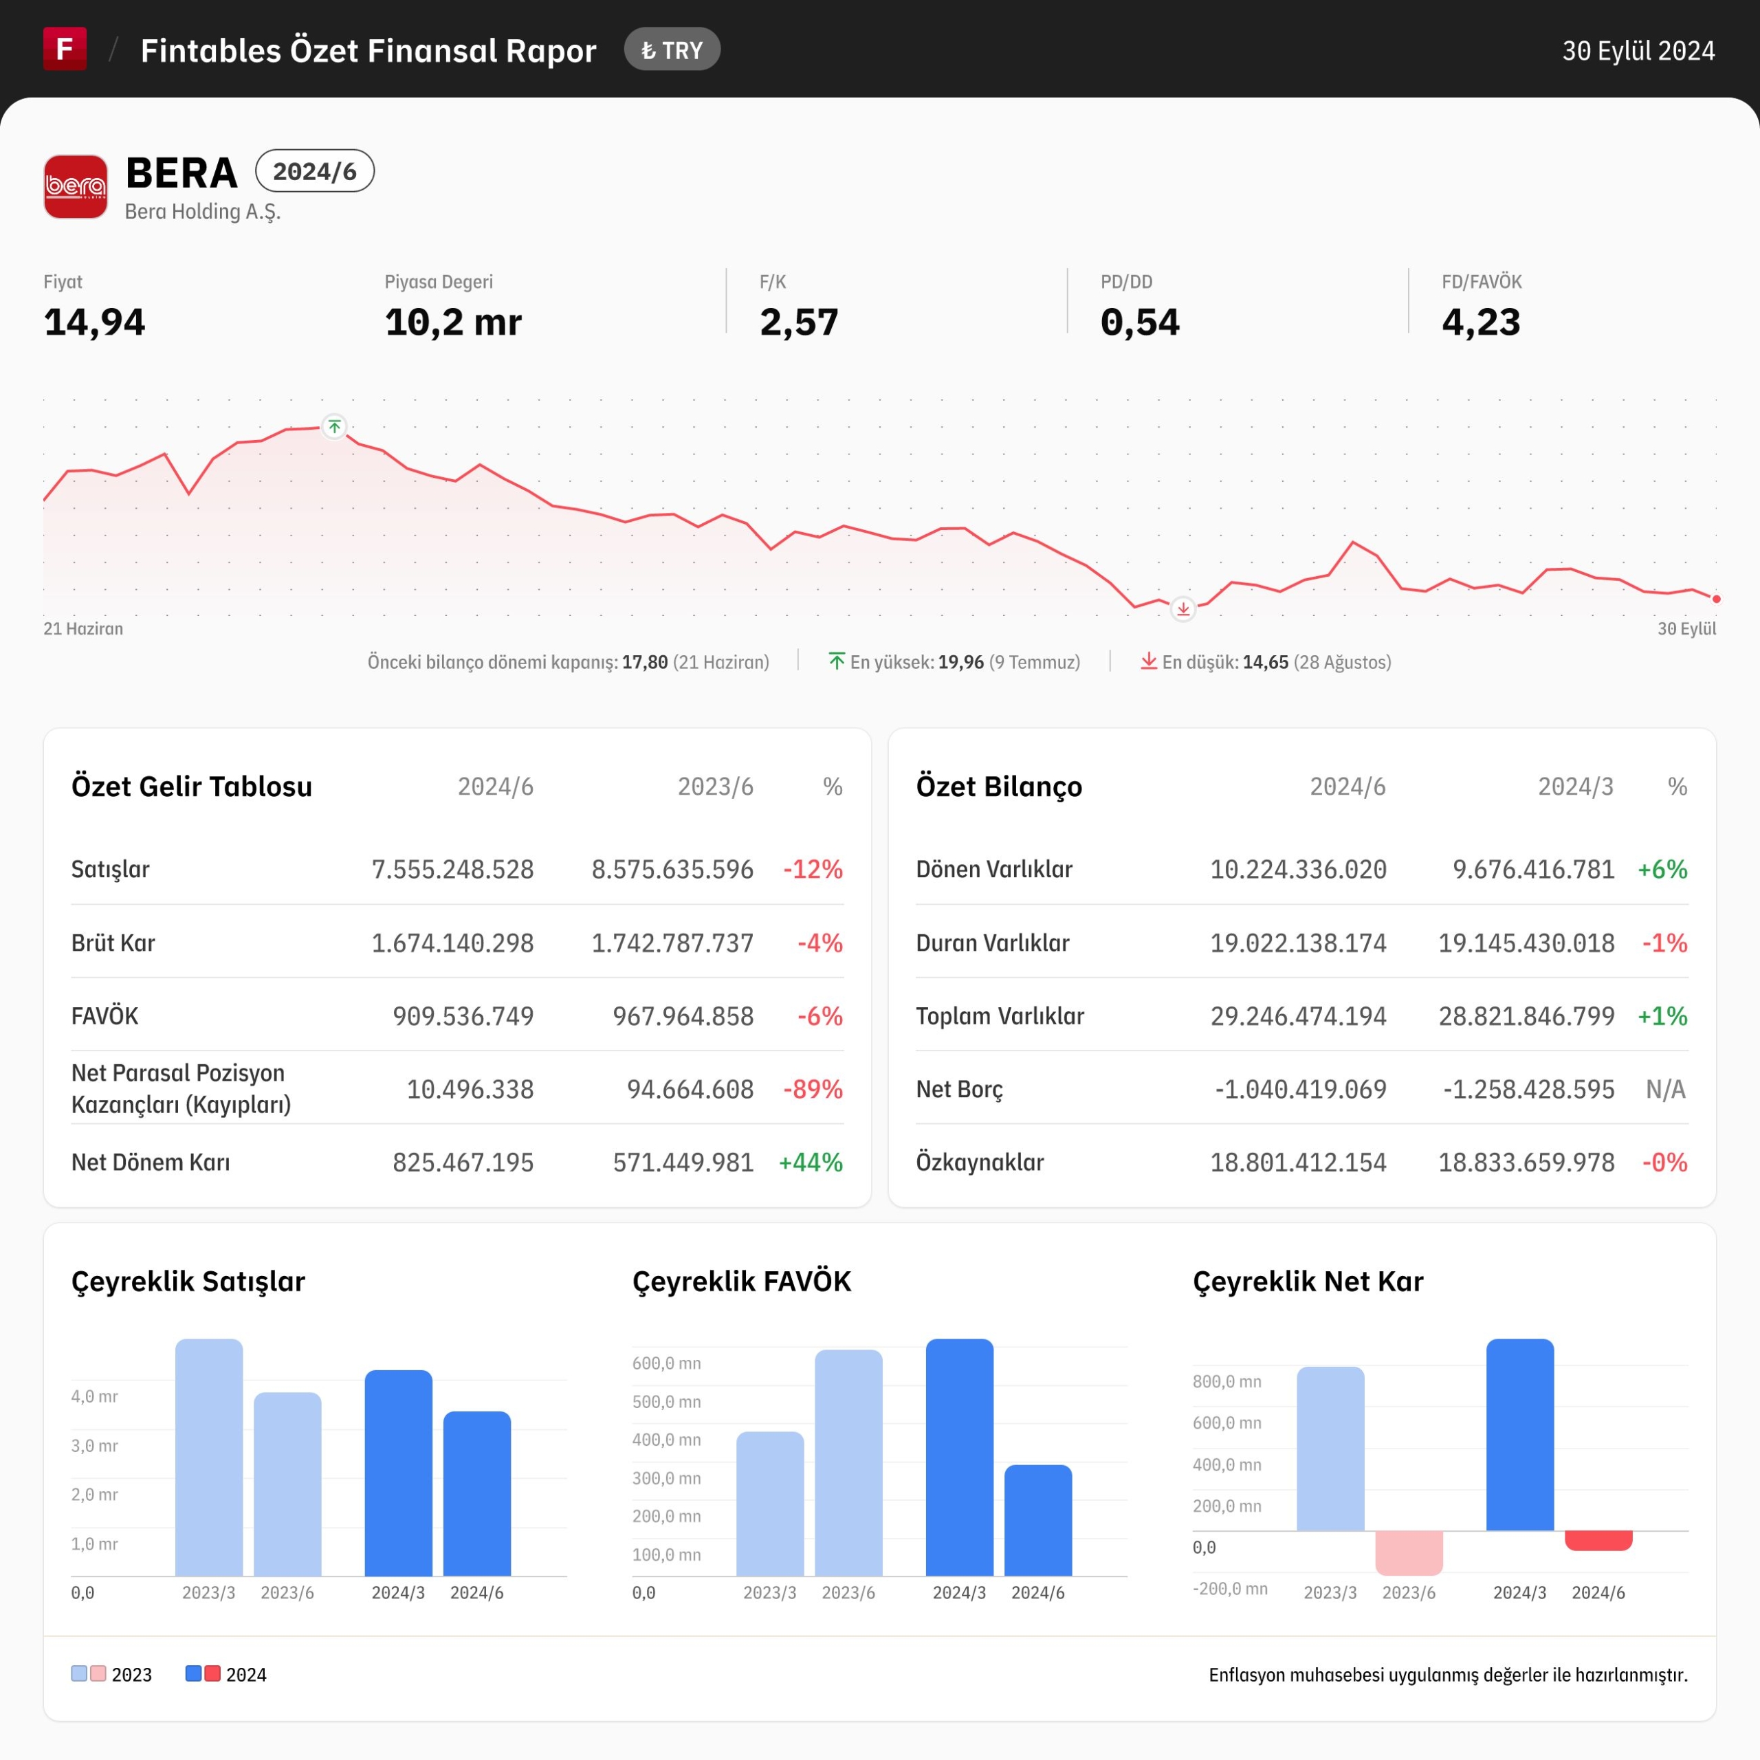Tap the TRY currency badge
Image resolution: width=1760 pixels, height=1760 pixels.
(x=672, y=50)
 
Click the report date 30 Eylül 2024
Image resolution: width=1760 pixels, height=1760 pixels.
(x=1638, y=51)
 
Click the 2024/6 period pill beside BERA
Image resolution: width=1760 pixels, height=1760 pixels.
(x=314, y=171)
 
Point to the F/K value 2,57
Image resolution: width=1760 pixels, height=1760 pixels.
(x=799, y=322)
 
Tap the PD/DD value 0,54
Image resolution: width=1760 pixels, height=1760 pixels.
(x=1140, y=322)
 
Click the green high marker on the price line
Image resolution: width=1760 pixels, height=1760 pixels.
(x=334, y=426)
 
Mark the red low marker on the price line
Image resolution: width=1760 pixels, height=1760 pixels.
(x=1182, y=608)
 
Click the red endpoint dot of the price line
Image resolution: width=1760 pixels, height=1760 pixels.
(x=1716, y=599)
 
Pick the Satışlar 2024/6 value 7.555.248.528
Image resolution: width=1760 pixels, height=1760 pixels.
(x=453, y=869)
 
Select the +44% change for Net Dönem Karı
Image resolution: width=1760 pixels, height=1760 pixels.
(x=811, y=1163)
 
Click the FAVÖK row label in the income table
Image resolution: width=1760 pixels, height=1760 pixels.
(x=104, y=1015)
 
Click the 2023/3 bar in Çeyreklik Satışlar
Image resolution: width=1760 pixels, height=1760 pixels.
(x=208, y=1457)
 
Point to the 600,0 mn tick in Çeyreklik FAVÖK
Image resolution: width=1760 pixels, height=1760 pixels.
(x=666, y=1364)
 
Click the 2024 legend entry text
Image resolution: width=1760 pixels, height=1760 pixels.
(x=246, y=1674)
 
